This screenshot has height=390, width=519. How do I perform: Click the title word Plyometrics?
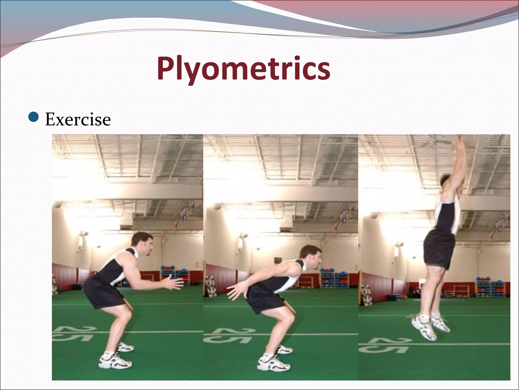tap(243, 69)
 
